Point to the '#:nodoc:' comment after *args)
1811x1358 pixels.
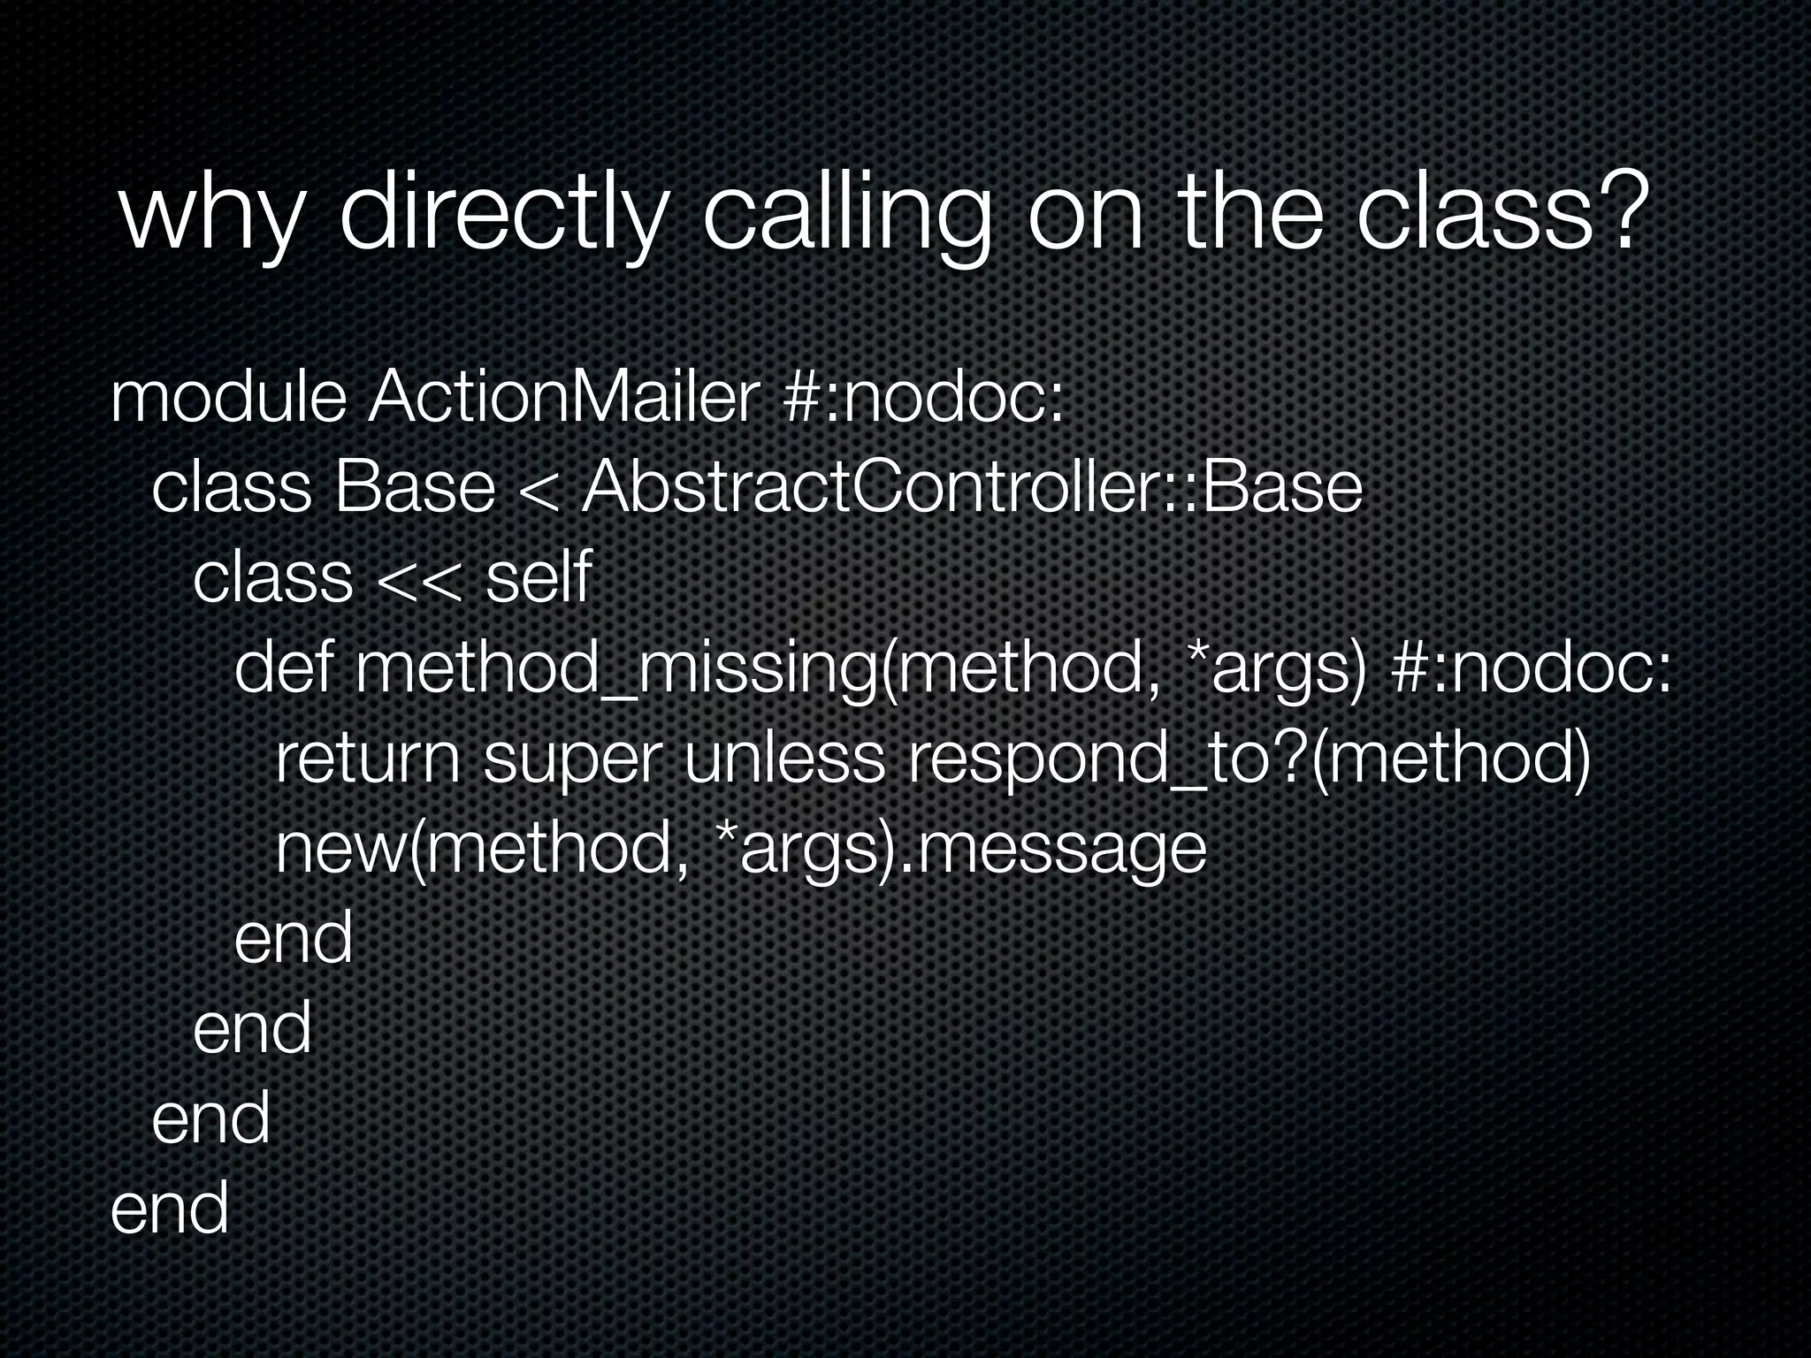pyautogui.click(x=1531, y=669)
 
